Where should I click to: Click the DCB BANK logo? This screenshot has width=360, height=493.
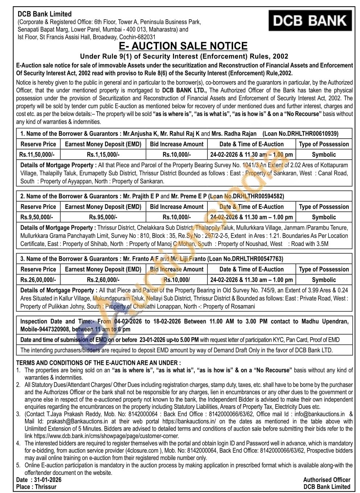coord(310,21)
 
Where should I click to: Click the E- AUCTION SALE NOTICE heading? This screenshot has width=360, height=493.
coord(183,46)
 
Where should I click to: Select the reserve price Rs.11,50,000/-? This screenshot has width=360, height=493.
coord(37,155)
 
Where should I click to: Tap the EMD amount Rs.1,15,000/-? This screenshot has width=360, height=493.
coord(103,155)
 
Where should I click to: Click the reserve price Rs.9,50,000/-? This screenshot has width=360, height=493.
coord(36,217)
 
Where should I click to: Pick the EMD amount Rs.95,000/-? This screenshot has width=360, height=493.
coord(103,217)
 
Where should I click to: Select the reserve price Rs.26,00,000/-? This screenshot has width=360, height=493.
coord(38,280)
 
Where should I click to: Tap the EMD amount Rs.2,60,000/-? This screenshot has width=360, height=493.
coord(103,280)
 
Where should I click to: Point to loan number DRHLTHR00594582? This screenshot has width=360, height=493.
coord(258,196)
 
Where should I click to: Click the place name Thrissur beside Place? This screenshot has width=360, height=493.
coord(46,487)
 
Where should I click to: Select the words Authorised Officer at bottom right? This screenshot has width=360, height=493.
coord(327,480)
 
